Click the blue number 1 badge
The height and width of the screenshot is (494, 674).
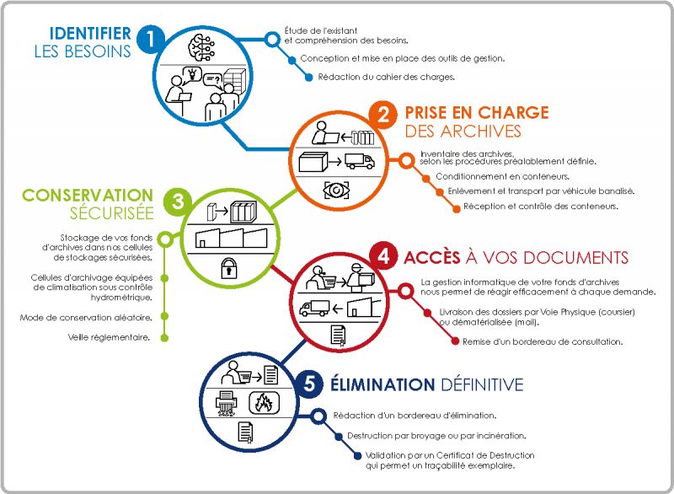tap(151, 39)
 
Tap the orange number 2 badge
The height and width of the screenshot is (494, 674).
tap(383, 115)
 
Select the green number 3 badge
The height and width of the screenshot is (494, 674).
tap(178, 201)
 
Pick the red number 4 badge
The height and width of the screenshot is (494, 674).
tap(383, 256)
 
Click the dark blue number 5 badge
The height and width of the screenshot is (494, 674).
tap(309, 383)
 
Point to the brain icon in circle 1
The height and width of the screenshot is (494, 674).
tap(201, 47)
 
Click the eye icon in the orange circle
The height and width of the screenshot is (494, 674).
tap(336, 190)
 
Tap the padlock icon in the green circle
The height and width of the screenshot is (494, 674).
tap(228, 268)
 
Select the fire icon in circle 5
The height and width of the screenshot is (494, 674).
tap(264, 403)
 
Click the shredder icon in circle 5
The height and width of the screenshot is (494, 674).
tap(226, 403)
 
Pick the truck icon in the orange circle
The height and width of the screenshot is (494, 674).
tap(360, 162)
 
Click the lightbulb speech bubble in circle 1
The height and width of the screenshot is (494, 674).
tap(192, 75)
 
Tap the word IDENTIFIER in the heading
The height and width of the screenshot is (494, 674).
tap(90, 33)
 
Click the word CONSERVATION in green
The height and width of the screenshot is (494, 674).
tap(88, 196)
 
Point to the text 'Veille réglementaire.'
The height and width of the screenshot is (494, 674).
tap(109, 337)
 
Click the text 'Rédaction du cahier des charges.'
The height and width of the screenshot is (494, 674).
tap(387, 77)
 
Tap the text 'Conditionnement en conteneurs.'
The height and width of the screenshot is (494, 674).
tap(502, 176)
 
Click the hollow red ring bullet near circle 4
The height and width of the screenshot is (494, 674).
tap(405, 291)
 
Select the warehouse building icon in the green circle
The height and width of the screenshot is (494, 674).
tap(231, 238)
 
